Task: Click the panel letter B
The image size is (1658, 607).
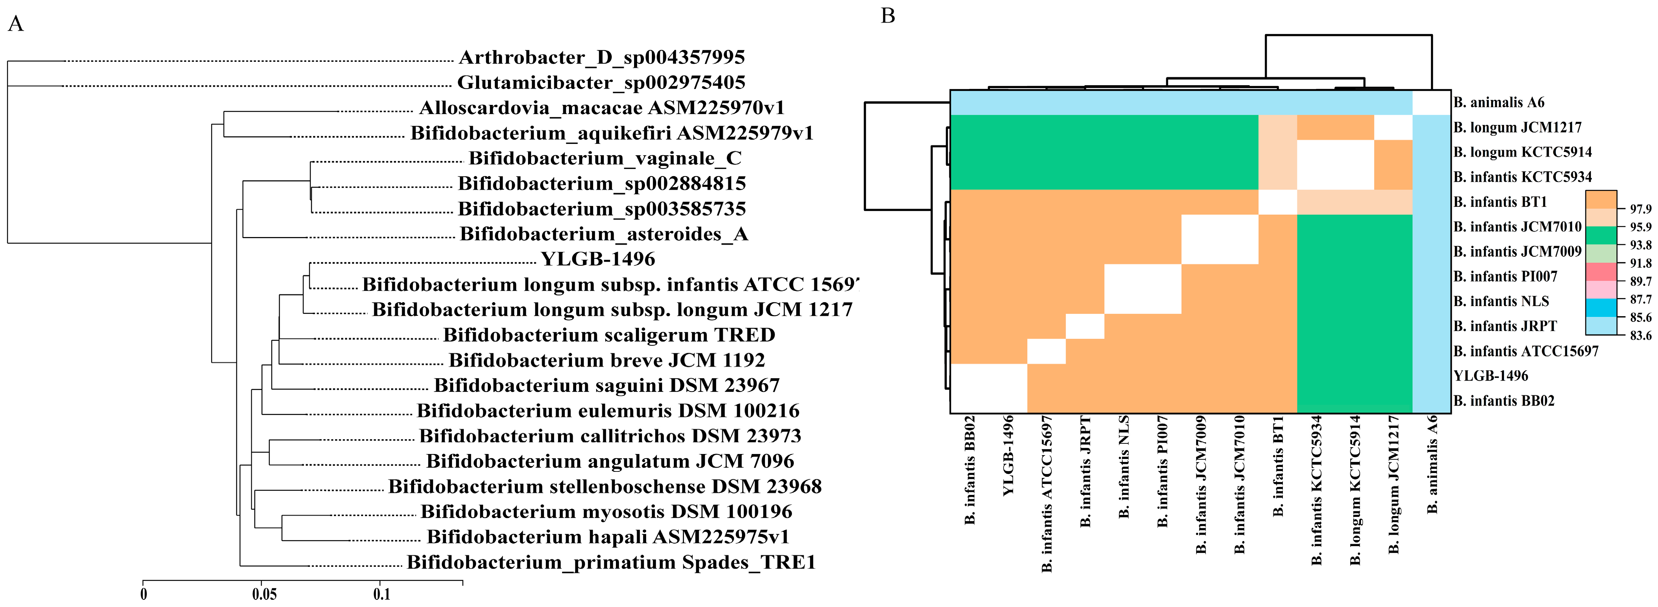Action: coord(888,16)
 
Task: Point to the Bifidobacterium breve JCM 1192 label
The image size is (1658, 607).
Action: coord(606,360)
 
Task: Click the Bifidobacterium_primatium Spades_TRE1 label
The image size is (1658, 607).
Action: coord(611,563)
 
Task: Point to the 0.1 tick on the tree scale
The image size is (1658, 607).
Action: coord(382,593)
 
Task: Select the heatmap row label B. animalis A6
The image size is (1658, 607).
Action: coord(1498,102)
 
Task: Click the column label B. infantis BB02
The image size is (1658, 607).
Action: coord(970,470)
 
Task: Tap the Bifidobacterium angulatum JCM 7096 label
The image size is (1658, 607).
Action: coord(609,462)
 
